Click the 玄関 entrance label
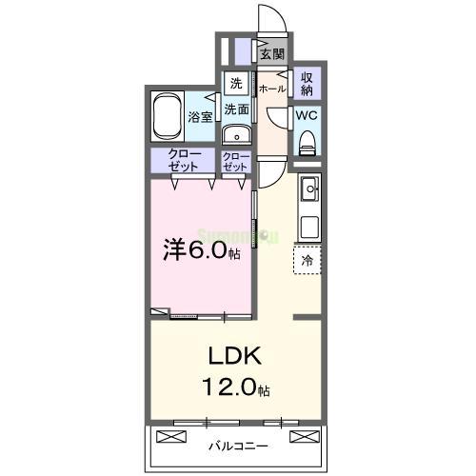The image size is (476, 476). [x=272, y=54]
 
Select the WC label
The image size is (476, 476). [x=307, y=114]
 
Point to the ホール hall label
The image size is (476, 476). [x=272, y=88]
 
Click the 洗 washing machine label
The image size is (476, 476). [x=235, y=83]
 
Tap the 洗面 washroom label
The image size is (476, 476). [x=237, y=109]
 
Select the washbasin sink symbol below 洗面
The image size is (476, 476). [x=236, y=134]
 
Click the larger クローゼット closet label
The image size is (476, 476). [x=181, y=160]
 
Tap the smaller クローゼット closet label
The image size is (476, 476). [x=235, y=160]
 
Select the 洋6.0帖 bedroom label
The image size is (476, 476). [x=201, y=251]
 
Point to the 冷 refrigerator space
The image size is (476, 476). [x=307, y=259]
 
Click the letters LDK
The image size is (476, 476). [x=235, y=357]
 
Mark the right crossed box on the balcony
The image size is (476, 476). [x=303, y=437]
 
